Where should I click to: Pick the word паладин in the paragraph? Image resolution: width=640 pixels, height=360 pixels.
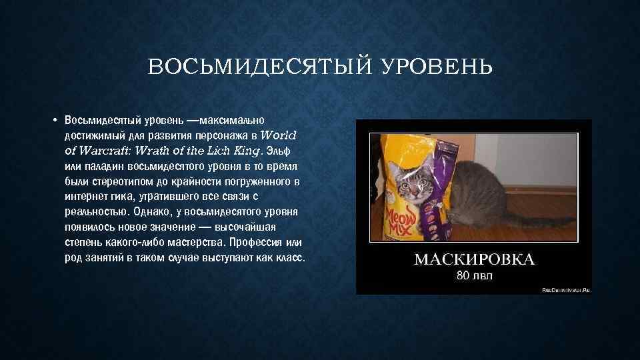[x=103, y=166]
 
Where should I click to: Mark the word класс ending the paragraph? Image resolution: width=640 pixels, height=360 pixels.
[x=289, y=258]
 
